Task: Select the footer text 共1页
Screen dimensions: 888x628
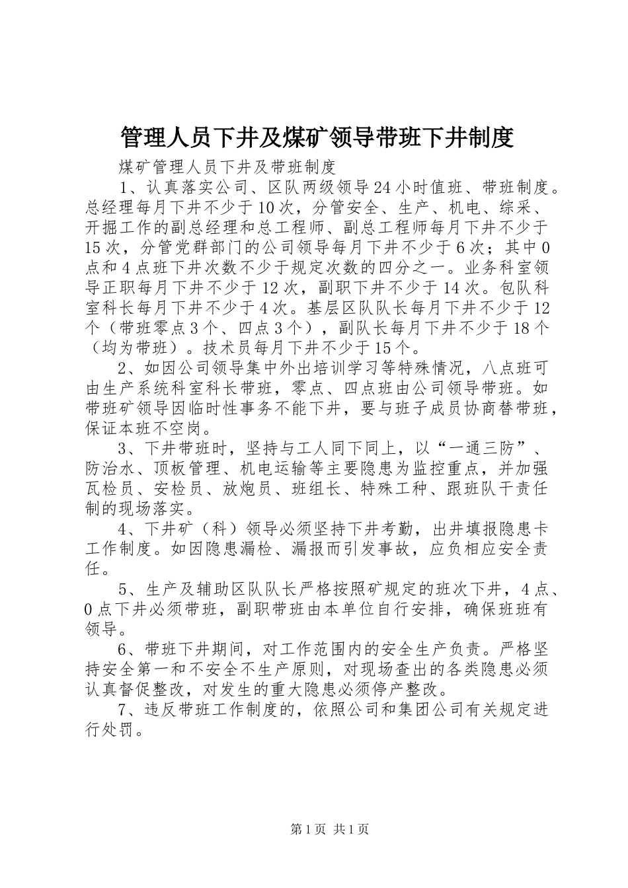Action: [352, 829]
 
